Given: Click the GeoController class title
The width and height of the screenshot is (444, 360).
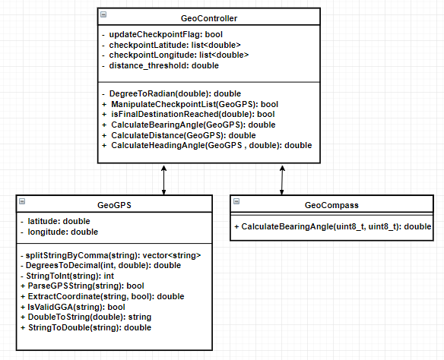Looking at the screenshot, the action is [209, 18].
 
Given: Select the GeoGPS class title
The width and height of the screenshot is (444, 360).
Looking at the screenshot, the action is [114, 205].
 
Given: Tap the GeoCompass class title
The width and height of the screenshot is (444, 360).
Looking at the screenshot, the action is [331, 205].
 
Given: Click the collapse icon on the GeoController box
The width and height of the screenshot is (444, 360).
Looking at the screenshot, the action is [103, 14].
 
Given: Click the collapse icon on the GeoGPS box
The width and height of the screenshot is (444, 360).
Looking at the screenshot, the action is [22, 201].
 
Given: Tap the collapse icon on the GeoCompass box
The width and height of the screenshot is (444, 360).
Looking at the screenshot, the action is [236, 201].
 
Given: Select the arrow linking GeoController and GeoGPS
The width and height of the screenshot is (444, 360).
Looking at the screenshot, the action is [163, 180].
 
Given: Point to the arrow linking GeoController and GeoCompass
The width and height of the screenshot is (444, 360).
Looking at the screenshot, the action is [282, 180].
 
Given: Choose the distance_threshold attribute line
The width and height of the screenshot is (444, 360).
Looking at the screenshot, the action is [160, 65].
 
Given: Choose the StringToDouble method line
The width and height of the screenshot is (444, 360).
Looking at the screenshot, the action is [86, 328].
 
